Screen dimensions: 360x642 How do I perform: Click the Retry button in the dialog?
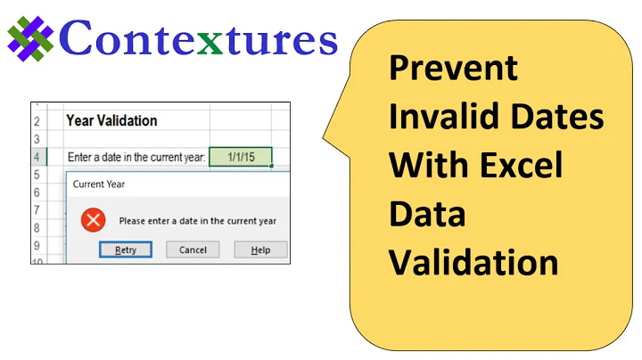coord(126,250)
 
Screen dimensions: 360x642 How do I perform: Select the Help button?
coord(260,250)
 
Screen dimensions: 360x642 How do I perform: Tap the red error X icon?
coord(93,220)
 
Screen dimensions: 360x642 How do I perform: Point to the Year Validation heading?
coord(111,120)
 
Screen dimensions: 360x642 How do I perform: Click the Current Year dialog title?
coord(98,184)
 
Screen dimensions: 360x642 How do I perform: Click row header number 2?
coord(37,120)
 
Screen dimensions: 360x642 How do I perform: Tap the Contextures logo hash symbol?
coord(31,40)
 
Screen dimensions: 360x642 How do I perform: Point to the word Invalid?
coord(438,117)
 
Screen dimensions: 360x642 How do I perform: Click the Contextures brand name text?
coord(200,40)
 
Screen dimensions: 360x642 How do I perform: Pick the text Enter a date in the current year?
coord(136,158)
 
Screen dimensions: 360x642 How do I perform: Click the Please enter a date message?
coord(197,221)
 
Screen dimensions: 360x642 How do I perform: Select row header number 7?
coord(37,210)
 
